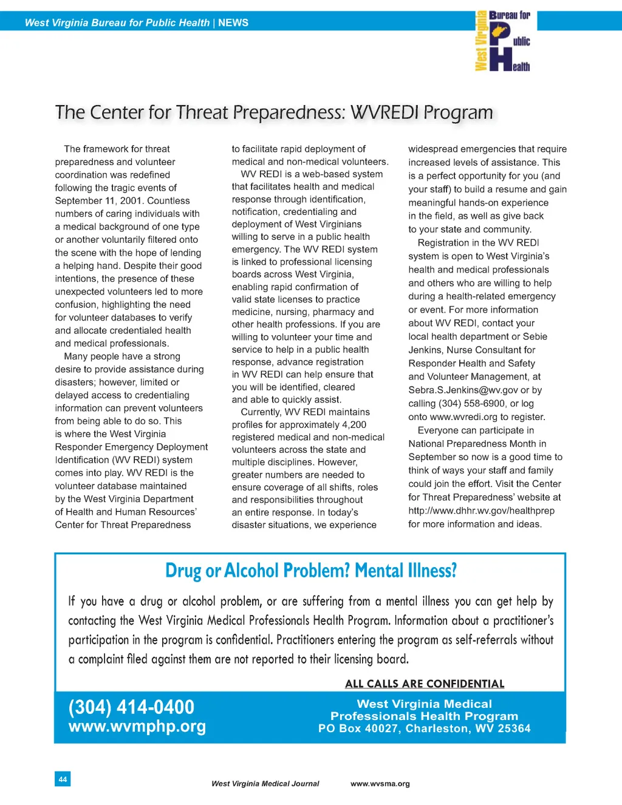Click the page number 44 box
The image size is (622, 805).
(63, 779)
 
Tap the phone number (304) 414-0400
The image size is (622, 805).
(131, 707)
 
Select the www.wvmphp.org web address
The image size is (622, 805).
(137, 726)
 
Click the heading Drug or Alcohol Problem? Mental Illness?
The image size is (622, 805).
(310, 571)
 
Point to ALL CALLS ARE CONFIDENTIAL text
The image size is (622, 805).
(425, 684)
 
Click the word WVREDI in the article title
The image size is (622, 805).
(384, 112)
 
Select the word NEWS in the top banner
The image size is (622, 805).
(233, 23)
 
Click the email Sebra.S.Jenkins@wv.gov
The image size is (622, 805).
(463, 390)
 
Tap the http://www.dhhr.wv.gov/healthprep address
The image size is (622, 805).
(481, 511)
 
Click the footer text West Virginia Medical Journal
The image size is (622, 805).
(265, 784)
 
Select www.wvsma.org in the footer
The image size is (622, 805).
(380, 784)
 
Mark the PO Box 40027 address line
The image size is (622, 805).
(424, 729)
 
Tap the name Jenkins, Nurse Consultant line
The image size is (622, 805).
(471, 350)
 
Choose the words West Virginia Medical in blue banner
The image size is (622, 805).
(424, 704)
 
